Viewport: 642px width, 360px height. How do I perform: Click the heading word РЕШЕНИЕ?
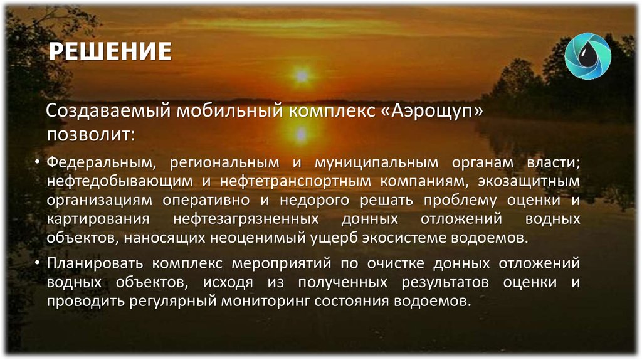(x=110, y=51)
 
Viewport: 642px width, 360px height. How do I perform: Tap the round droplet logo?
(x=587, y=55)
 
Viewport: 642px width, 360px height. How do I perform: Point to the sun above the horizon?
(x=302, y=76)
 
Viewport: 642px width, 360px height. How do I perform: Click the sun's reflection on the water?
(x=302, y=134)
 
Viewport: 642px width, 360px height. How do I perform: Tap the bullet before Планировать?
(x=39, y=262)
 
